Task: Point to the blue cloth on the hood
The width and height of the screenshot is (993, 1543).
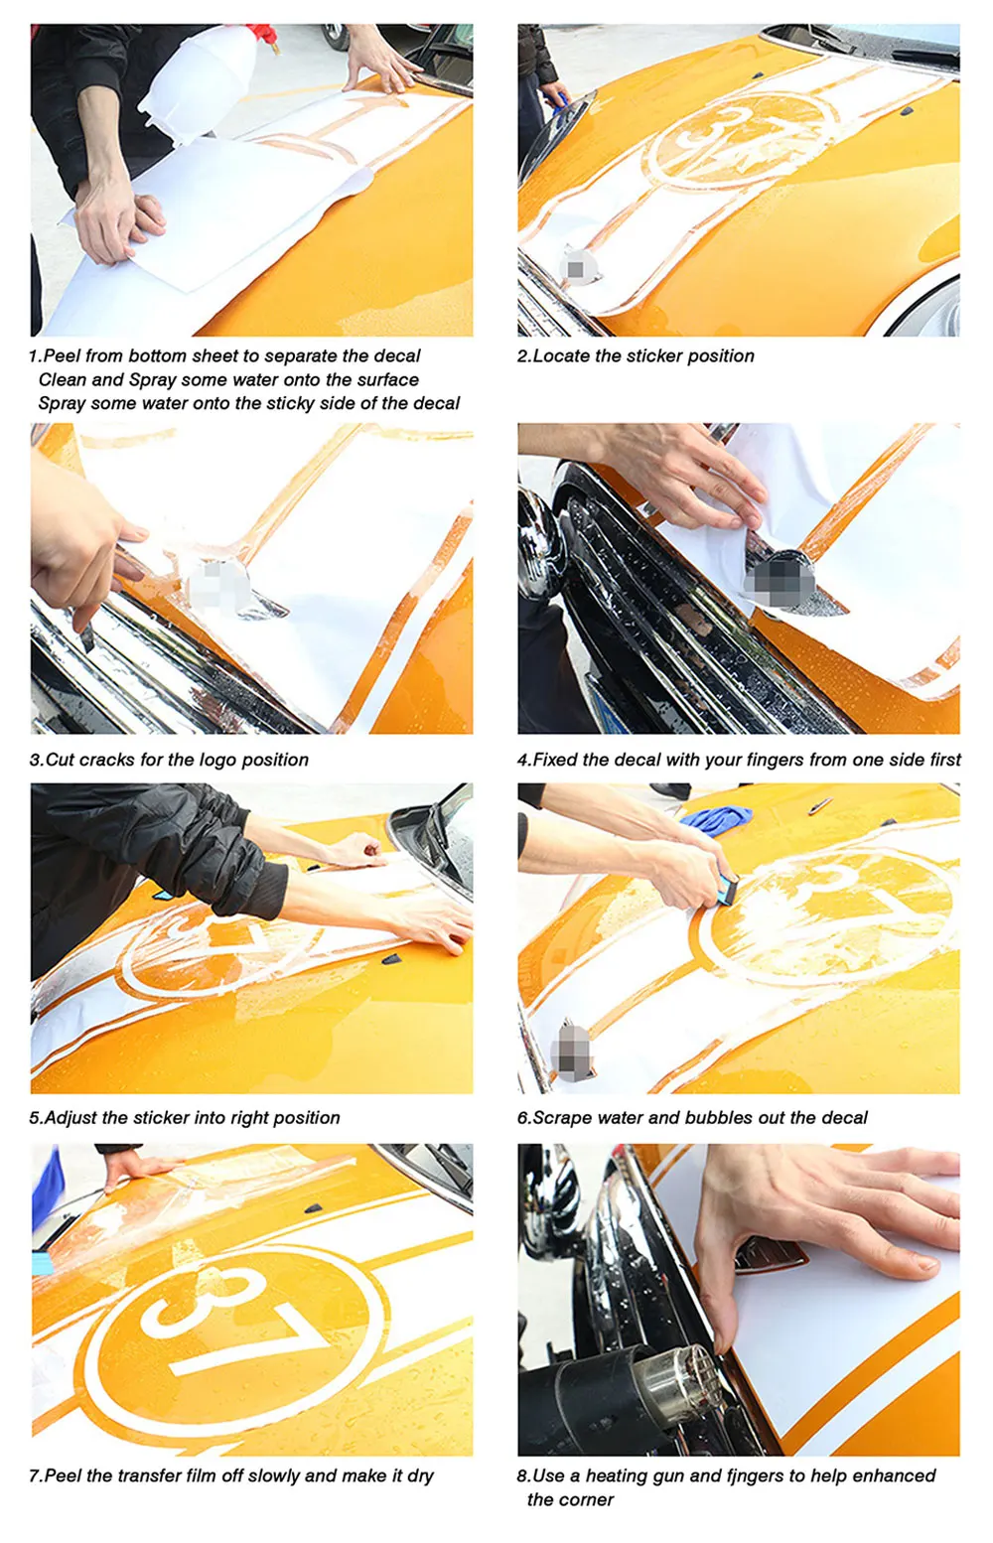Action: [x=716, y=819]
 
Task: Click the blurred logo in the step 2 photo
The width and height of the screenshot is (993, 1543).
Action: [x=575, y=267]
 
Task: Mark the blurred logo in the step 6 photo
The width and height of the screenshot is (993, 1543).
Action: [x=571, y=1050]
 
